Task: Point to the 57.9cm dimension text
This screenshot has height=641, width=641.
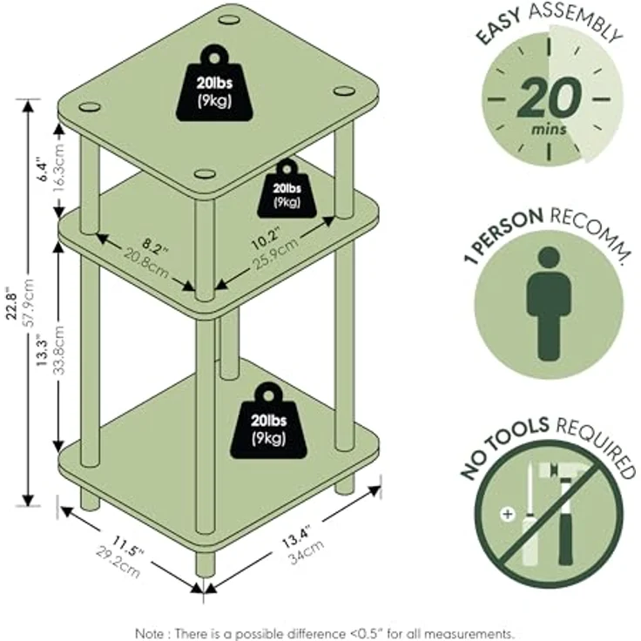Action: click(x=29, y=302)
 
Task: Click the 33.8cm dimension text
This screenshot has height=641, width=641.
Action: click(x=59, y=350)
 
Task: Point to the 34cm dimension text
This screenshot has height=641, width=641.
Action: click(x=307, y=552)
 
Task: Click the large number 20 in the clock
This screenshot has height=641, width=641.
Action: click(x=549, y=98)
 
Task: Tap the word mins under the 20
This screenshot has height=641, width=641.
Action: click(x=549, y=130)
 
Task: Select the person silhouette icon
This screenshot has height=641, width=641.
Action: click(x=549, y=303)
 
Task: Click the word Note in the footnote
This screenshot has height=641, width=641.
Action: click(x=150, y=633)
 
